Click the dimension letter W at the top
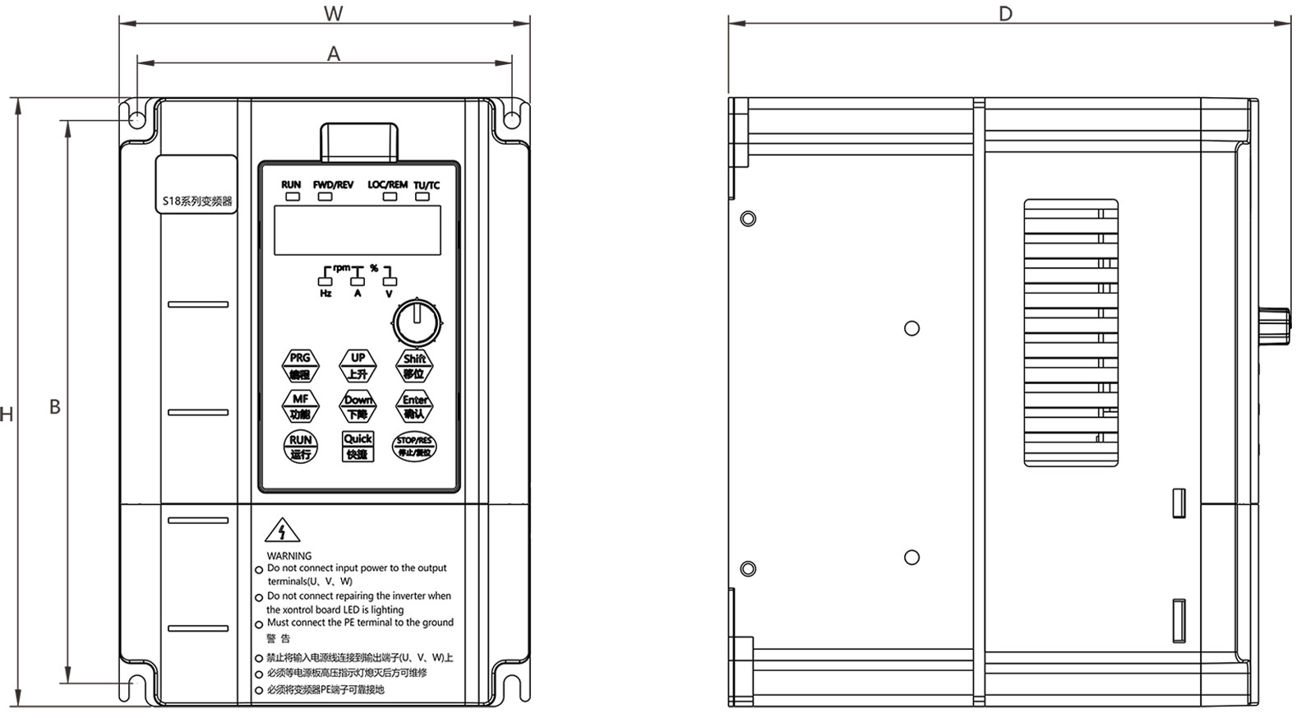click(333, 13)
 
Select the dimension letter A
click(334, 54)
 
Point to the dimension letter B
click(55, 407)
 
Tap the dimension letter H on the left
click(7, 415)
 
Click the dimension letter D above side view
click(1005, 14)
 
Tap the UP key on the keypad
click(358, 365)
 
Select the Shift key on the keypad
click(414, 365)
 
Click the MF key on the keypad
click(300, 406)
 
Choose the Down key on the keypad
click(358, 406)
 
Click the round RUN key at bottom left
click(300, 447)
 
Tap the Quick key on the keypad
click(358, 446)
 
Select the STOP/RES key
click(414, 447)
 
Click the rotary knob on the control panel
click(417, 322)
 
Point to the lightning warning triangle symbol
click(283, 531)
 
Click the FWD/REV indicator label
click(333, 185)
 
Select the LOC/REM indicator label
click(387, 185)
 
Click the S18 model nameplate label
click(196, 201)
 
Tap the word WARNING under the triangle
click(289, 556)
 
